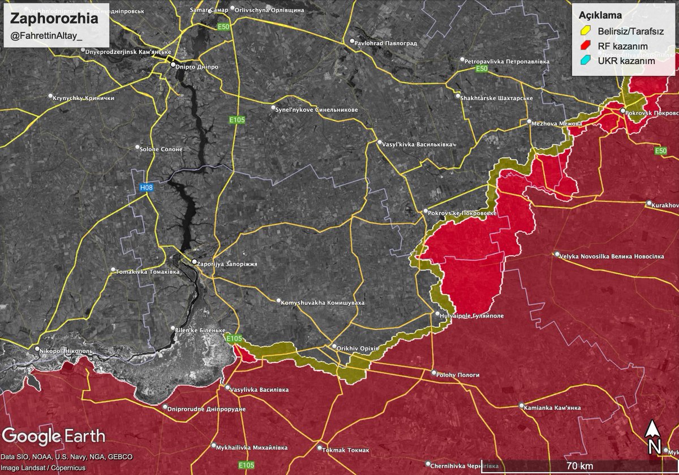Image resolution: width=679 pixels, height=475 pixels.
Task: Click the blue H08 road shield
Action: [x=147, y=187]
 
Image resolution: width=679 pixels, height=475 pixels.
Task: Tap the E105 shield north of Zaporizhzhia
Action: [x=237, y=120]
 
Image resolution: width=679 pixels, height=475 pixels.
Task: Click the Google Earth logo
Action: [x=54, y=436]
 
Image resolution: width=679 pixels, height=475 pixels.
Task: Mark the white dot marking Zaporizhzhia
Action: [x=194, y=262]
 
